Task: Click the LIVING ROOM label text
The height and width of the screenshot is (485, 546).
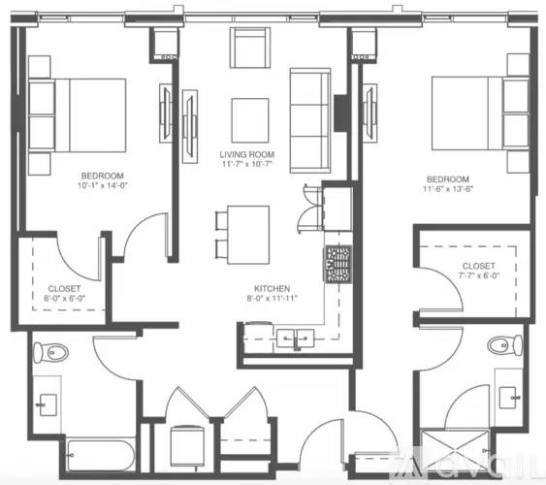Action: [248, 154]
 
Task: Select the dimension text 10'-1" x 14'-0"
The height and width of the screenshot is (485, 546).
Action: [101, 184]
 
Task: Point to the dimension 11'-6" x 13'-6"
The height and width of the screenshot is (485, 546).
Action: [446, 190]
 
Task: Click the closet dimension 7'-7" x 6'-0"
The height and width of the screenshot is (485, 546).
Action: [478, 275]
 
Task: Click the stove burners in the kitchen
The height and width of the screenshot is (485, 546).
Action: [337, 264]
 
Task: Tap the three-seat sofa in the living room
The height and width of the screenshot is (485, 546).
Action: [309, 120]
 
